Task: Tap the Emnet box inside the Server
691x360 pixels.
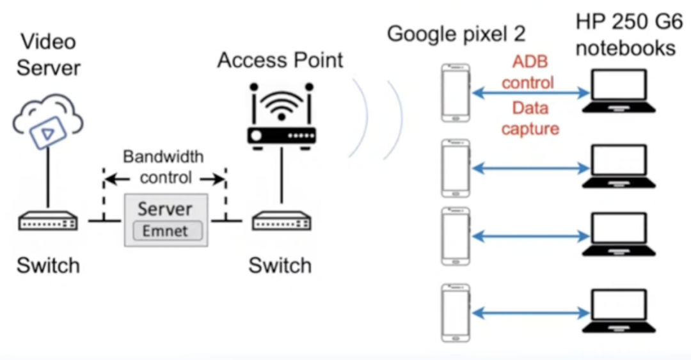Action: [166, 231]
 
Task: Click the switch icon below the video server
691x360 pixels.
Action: [47, 222]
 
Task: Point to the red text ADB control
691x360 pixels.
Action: [528, 73]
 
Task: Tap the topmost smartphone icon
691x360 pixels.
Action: [455, 93]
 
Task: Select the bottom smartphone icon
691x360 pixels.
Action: [455, 313]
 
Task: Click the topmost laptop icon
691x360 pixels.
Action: [619, 93]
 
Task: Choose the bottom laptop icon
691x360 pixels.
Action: [619, 312]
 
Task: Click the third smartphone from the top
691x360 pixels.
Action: [455, 236]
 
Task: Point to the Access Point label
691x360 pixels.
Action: [280, 60]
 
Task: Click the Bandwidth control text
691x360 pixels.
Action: [163, 166]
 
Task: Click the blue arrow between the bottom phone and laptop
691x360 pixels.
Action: [530, 313]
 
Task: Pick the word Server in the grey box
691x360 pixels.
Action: [165, 209]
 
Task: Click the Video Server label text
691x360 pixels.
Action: [49, 54]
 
